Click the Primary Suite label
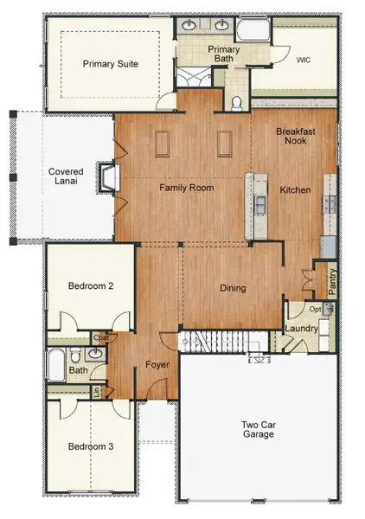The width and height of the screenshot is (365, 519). (110, 64)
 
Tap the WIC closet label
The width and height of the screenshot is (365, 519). (302, 60)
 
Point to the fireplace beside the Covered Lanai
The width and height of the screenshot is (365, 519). (107, 179)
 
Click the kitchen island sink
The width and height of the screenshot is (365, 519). (258, 204)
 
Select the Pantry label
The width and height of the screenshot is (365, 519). (332, 281)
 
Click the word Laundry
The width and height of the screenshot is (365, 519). (302, 330)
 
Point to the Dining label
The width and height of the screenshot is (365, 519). (232, 288)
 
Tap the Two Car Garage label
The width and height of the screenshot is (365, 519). (258, 428)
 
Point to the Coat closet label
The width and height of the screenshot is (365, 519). (101, 336)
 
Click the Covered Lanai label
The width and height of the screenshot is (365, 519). (66, 178)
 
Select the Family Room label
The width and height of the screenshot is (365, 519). (186, 188)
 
